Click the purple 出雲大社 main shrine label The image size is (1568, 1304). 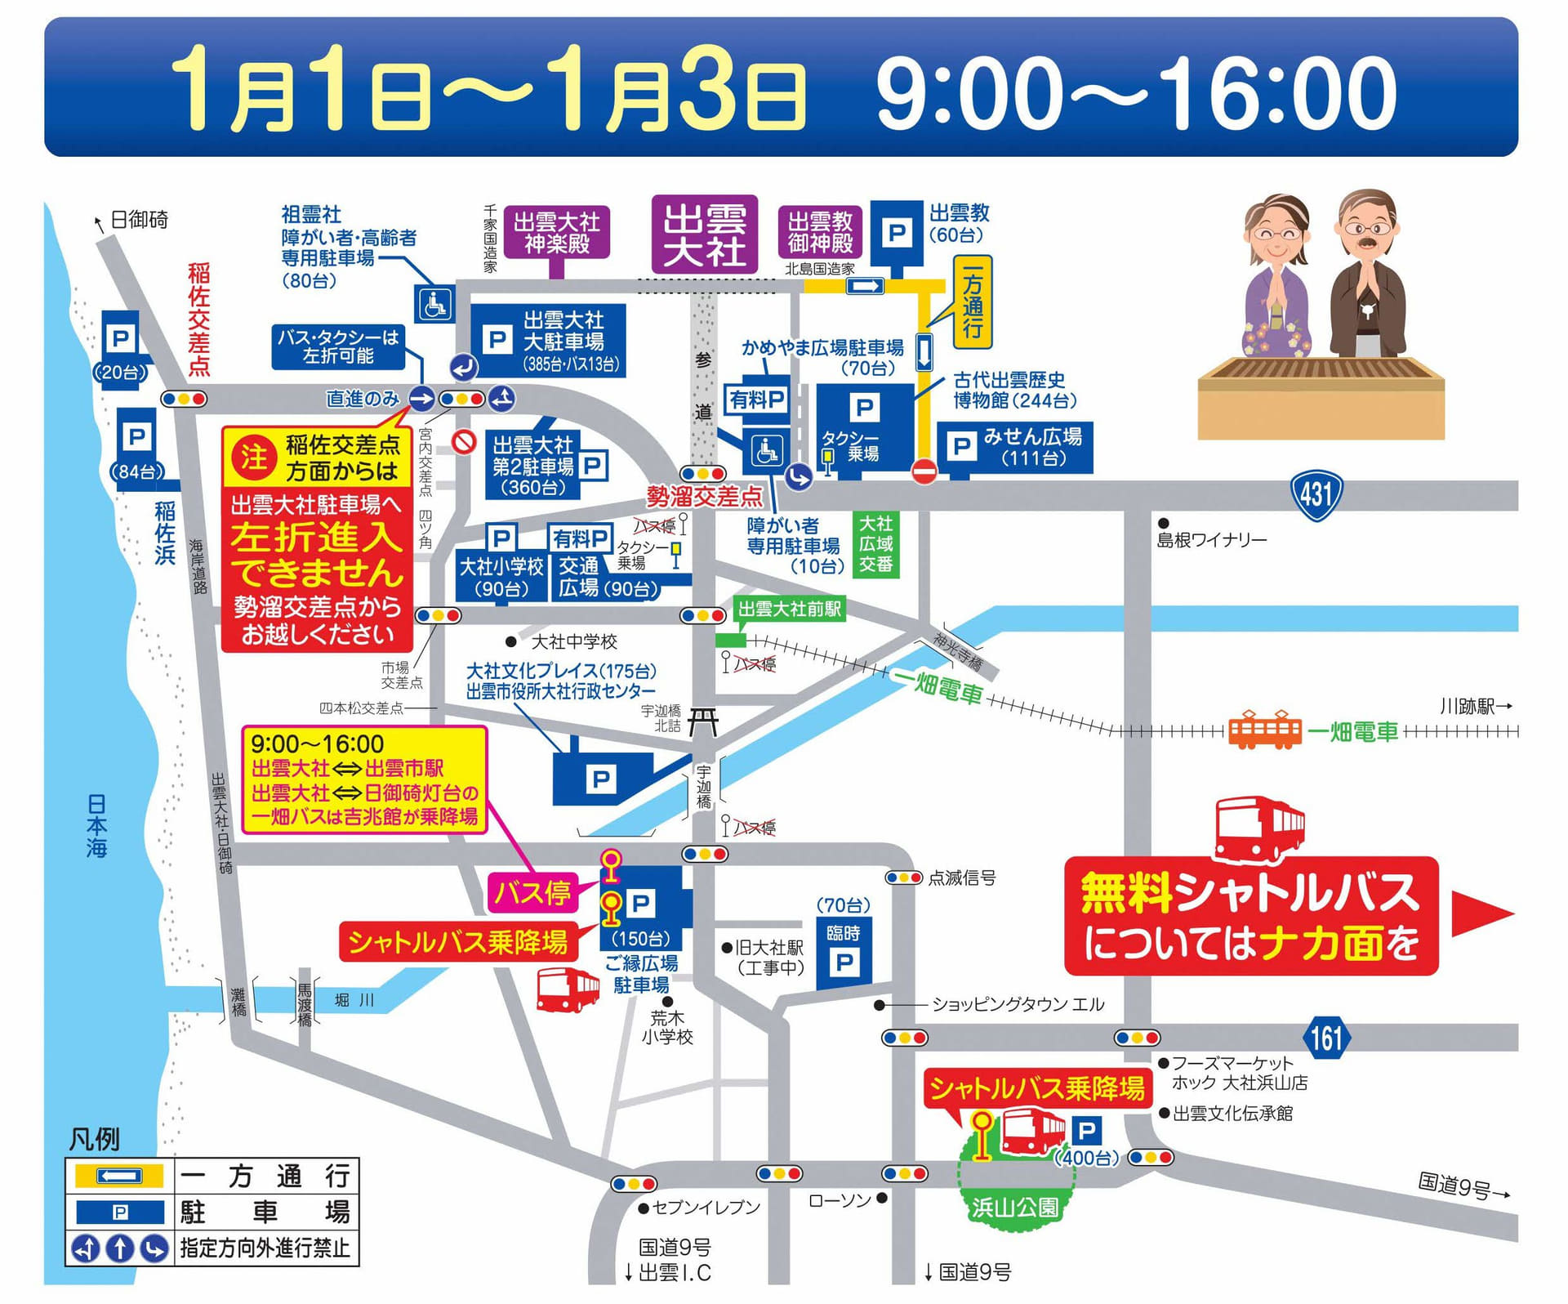(704, 234)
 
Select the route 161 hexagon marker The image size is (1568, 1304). (1326, 1038)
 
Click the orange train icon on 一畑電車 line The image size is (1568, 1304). (1265, 730)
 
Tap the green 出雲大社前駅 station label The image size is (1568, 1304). (789, 610)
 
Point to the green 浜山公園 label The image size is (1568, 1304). (1014, 1207)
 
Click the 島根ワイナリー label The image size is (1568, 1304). (1211, 540)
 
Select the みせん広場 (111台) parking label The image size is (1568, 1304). (1015, 447)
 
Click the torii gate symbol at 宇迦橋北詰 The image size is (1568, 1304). (703, 722)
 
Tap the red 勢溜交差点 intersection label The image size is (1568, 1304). (704, 497)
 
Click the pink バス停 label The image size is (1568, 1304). (532, 892)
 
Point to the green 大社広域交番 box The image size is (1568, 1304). (875, 544)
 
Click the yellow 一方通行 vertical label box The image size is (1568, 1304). (972, 301)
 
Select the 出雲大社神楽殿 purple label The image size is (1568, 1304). (556, 232)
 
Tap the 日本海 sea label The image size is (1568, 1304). (96, 825)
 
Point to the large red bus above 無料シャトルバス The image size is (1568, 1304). (1258, 830)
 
